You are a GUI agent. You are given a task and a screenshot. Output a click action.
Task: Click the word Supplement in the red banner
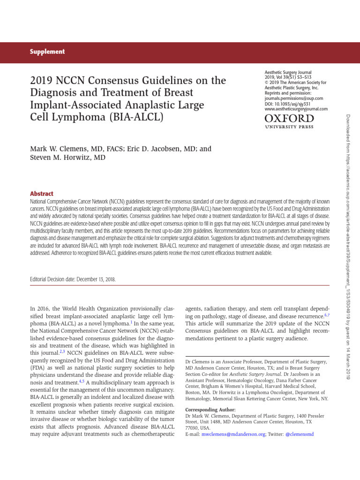(48, 52)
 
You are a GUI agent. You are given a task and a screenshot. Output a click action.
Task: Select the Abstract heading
(42, 194)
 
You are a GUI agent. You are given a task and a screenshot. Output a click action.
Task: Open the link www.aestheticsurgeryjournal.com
(296, 109)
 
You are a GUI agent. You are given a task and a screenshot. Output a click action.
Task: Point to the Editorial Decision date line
(73, 279)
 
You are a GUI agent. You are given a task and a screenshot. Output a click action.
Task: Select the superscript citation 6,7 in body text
(326, 315)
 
